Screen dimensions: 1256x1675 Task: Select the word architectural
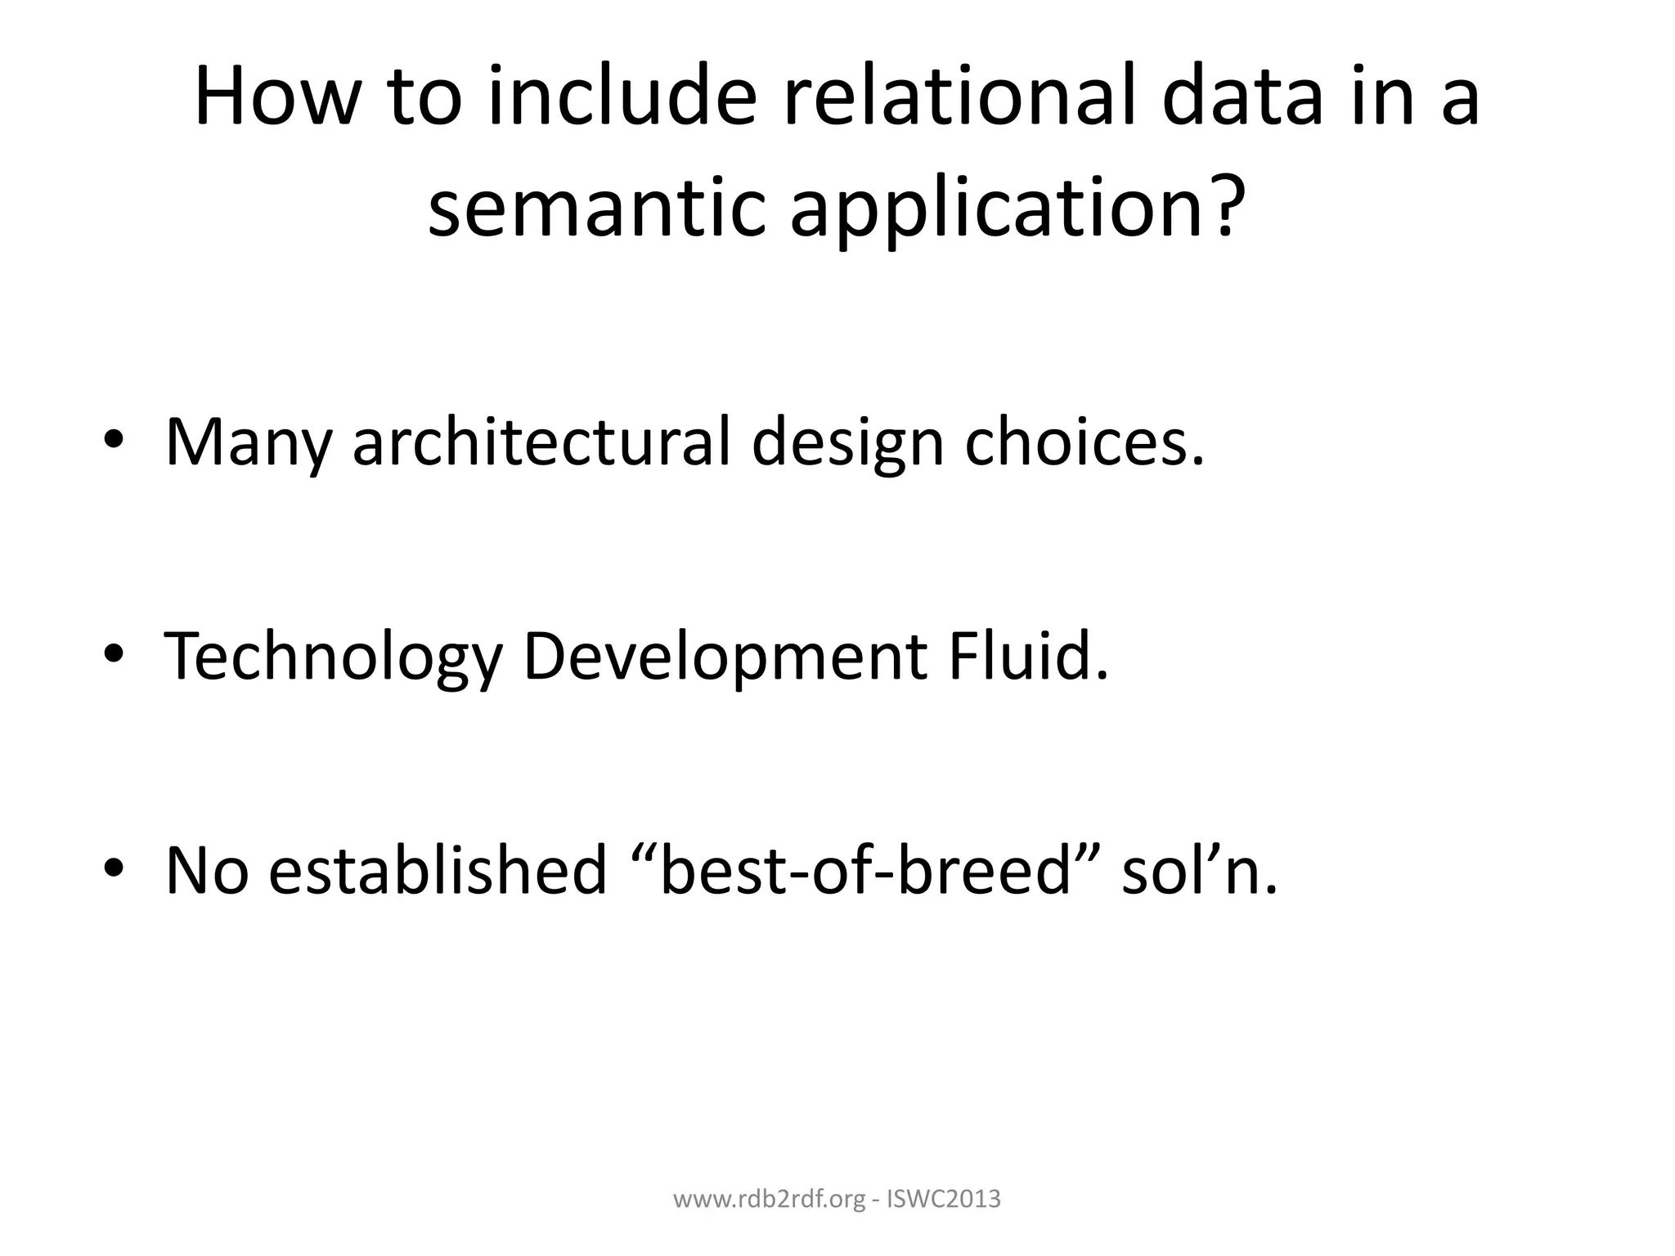[541, 442]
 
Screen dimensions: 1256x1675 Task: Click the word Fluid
[1027, 656]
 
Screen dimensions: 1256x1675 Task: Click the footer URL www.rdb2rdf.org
[768, 1200]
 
